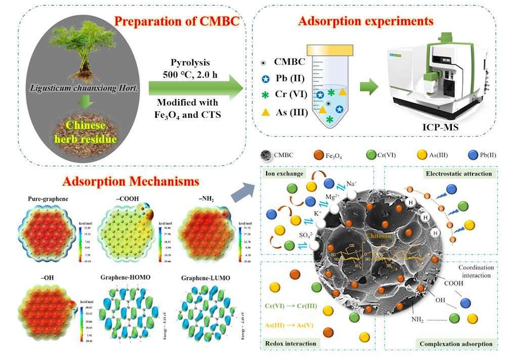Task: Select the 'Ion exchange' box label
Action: pos(283,173)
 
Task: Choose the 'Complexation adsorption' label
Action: pos(456,344)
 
